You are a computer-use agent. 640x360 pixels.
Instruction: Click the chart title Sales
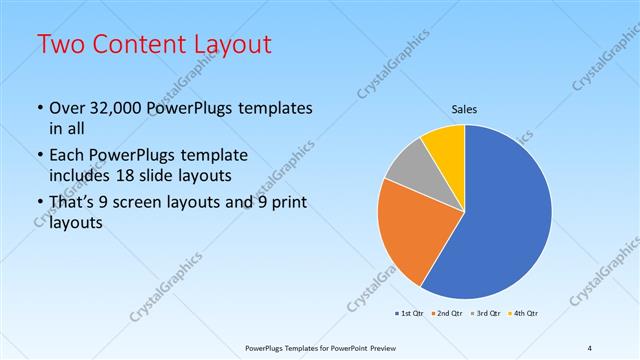pyautogui.click(x=465, y=108)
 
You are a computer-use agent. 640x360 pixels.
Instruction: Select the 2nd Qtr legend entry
pyautogui.click(x=447, y=314)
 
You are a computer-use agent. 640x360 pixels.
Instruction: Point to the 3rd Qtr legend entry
pyautogui.click(x=486, y=314)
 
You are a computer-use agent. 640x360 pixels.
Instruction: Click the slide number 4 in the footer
pyautogui.click(x=589, y=348)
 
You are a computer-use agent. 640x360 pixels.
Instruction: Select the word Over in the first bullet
pyautogui.click(x=68, y=109)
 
